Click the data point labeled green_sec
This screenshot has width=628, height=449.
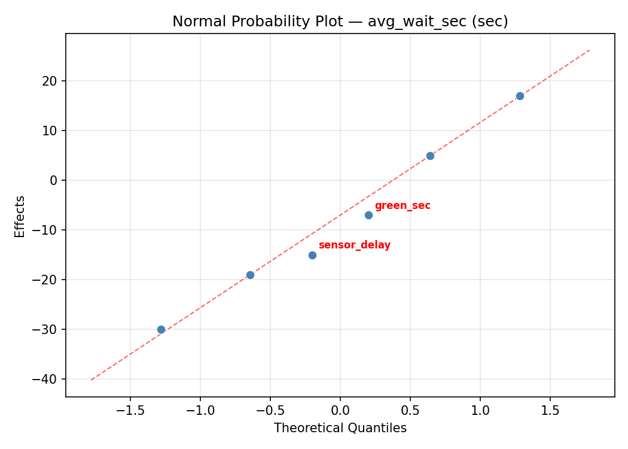coord(368,215)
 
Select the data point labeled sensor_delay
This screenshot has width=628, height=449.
coord(312,255)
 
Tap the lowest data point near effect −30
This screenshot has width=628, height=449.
coord(161,329)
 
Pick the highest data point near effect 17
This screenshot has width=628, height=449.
coord(520,96)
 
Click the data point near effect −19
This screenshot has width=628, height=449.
coord(250,275)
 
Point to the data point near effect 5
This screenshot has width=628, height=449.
coord(430,156)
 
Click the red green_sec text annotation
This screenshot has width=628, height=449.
coord(403,206)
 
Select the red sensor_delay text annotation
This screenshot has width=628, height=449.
coord(354,245)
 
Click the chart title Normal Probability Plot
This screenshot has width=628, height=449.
coord(340,22)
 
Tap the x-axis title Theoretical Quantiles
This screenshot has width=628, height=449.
coord(340,428)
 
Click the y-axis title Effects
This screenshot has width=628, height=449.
coord(20,216)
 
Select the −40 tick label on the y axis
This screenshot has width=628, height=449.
coord(50,379)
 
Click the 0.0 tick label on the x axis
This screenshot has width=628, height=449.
coord(340,411)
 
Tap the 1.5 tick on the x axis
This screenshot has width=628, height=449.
coord(550,411)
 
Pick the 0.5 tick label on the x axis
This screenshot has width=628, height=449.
coord(410,411)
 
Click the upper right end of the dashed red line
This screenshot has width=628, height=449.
coord(590,50)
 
